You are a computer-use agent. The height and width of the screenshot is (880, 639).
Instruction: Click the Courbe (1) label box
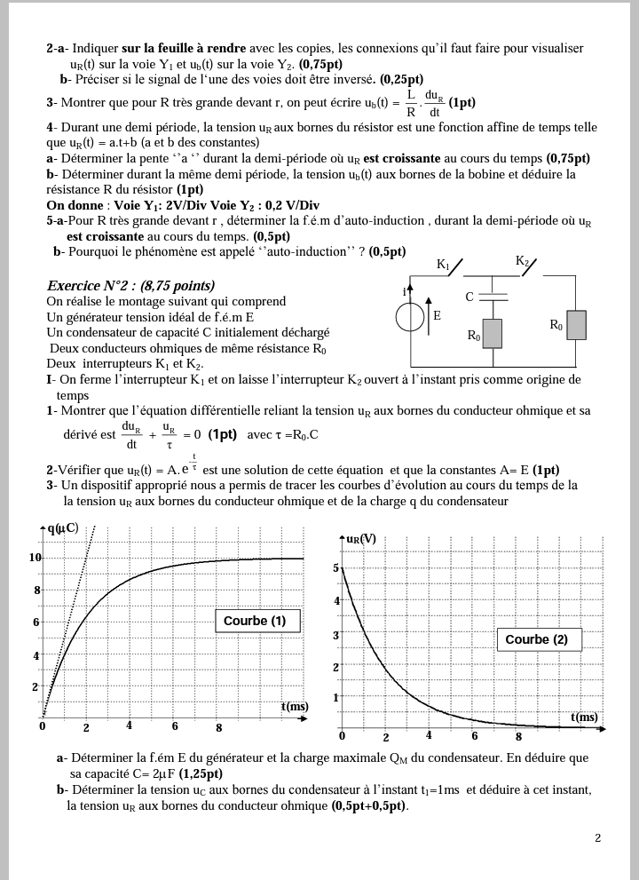(256, 621)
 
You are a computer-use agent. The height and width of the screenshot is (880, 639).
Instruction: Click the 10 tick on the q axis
(35, 557)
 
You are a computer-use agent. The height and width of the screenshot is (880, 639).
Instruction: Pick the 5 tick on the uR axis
(335, 567)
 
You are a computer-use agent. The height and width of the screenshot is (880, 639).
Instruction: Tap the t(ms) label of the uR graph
(584, 717)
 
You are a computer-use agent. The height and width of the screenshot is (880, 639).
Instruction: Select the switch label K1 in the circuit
(444, 265)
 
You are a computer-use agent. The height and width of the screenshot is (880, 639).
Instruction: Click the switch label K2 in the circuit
(522, 261)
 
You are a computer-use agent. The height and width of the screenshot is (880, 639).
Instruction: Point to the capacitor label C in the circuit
(469, 297)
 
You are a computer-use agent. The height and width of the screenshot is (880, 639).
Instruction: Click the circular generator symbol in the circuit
(410, 317)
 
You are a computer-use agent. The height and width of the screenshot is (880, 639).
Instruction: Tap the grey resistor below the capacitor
(493, 333)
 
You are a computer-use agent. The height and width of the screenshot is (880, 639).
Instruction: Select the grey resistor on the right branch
(577, 325)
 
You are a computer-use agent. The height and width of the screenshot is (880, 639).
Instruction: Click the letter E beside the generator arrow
(437, 316)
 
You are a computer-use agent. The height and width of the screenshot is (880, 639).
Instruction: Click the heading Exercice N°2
(130, 286)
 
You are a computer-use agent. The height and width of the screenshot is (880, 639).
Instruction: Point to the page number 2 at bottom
(597, 837)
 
